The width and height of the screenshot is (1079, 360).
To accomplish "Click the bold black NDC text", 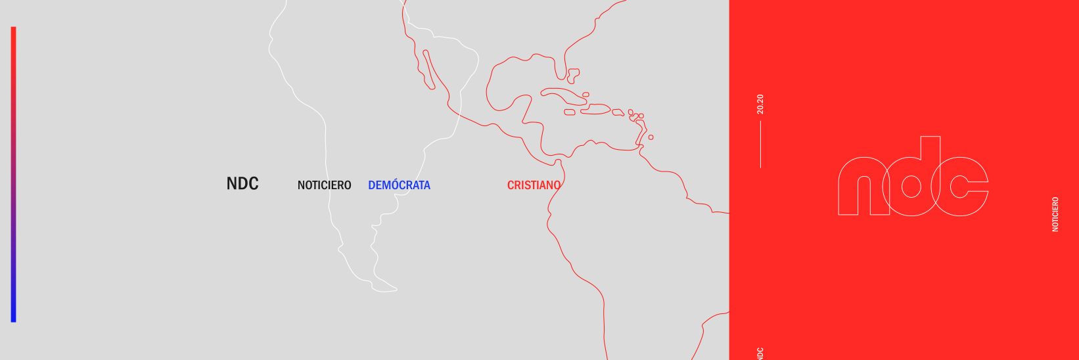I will click(x=242, y=184).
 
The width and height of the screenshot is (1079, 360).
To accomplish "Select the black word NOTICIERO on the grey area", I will click(x=324, y=185).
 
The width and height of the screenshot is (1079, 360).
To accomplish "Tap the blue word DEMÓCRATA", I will click(x=399, y=185).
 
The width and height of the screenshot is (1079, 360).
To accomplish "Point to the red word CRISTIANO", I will click(x=534, y=185).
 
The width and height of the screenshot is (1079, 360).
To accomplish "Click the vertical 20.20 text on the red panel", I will click(x=760, y=104).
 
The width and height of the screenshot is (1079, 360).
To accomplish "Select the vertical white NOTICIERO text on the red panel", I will click(x=1055, y=214).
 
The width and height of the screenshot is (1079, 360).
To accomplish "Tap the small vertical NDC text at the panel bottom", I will click(x=760, y=353).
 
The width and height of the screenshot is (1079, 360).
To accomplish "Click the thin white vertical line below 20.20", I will click(x=760, y=145).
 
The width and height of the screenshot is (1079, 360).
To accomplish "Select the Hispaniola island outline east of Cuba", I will click(x=597, y=109).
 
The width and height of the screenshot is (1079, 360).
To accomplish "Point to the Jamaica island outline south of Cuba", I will click(x=570, y=112).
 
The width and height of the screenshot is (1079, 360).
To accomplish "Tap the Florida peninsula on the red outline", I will click(x=572, y=76).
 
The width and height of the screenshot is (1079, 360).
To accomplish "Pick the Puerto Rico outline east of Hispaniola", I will click(x=618, y=112).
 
